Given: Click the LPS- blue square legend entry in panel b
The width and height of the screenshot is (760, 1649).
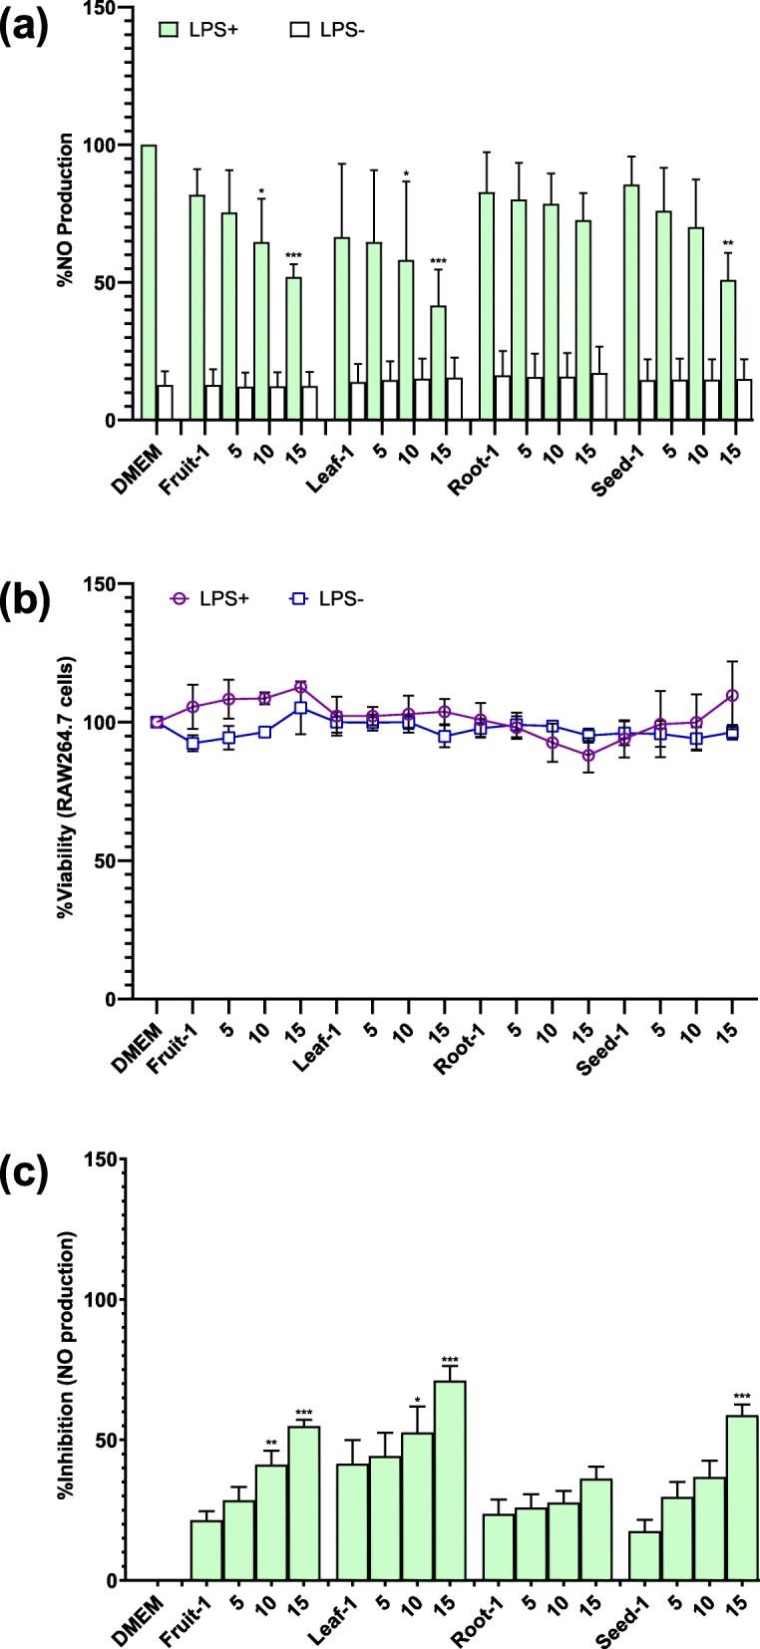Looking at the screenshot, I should click(296, 599).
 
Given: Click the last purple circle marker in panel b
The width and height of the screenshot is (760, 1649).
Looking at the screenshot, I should click(732, 695).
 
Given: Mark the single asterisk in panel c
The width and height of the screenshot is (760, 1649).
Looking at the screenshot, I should click(418, 1400).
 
